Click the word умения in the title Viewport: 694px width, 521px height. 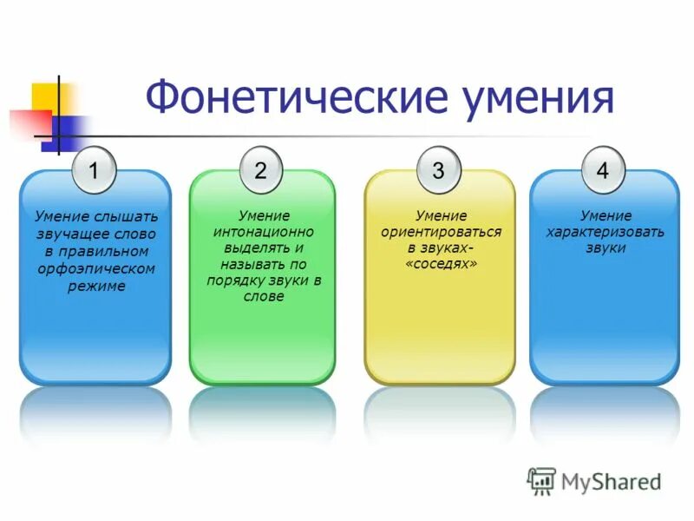point(539,97)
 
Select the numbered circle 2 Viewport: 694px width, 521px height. point(260,169)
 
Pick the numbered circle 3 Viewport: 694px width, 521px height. point(438,169)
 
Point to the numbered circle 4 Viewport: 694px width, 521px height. point(603,169)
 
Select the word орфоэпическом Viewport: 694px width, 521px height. point(96,268)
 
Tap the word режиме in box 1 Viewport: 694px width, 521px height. point(96,286)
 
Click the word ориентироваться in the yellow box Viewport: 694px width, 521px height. point(441,232)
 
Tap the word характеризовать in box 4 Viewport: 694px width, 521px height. point(605,232)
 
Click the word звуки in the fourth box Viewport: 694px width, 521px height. point(605,248)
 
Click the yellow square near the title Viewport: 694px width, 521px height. point(49,98)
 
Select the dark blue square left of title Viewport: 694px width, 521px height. point(62,130)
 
